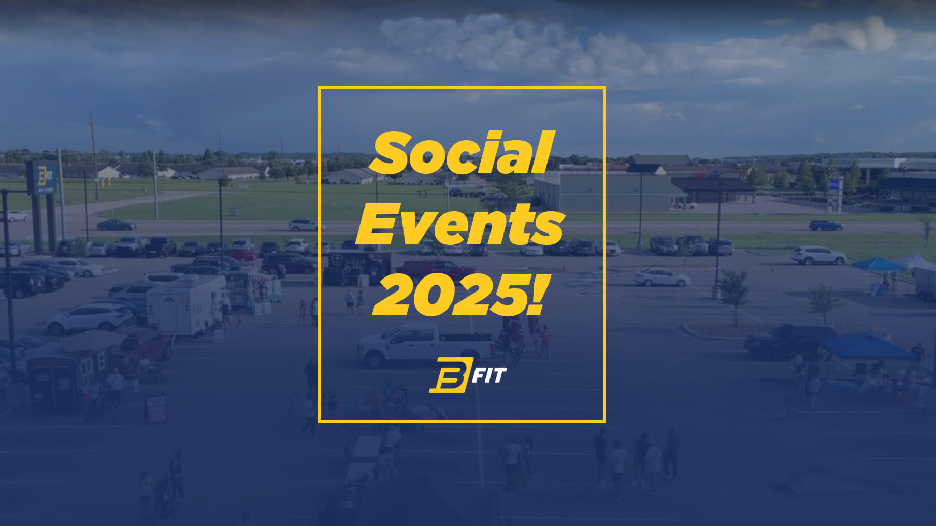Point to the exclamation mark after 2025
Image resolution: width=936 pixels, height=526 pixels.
pyautogui.click(x=535, y=295)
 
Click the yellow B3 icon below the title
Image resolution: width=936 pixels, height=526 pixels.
pyautogui.click(x=449, y=375)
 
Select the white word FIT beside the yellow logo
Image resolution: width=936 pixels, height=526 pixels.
pyautogui.click(x=488, y=375)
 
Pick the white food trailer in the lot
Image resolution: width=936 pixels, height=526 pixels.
pyautogui.click(x=186, y=304)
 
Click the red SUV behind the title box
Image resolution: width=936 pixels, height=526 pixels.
pyautogui.click(x=437, y=269)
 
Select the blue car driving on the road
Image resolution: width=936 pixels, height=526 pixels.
pyautogui.click(x=826, y=226)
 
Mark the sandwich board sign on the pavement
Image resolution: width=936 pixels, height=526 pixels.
pyautogui.click(x=156, y=407)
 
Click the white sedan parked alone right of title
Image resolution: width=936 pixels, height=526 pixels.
pyautogui.click(x=661, y=277)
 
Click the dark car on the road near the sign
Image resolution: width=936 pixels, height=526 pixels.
pyautogui.click(x=117, y=225)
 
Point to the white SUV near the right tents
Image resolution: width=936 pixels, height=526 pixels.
pyautogui.click(x=818, y=255)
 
